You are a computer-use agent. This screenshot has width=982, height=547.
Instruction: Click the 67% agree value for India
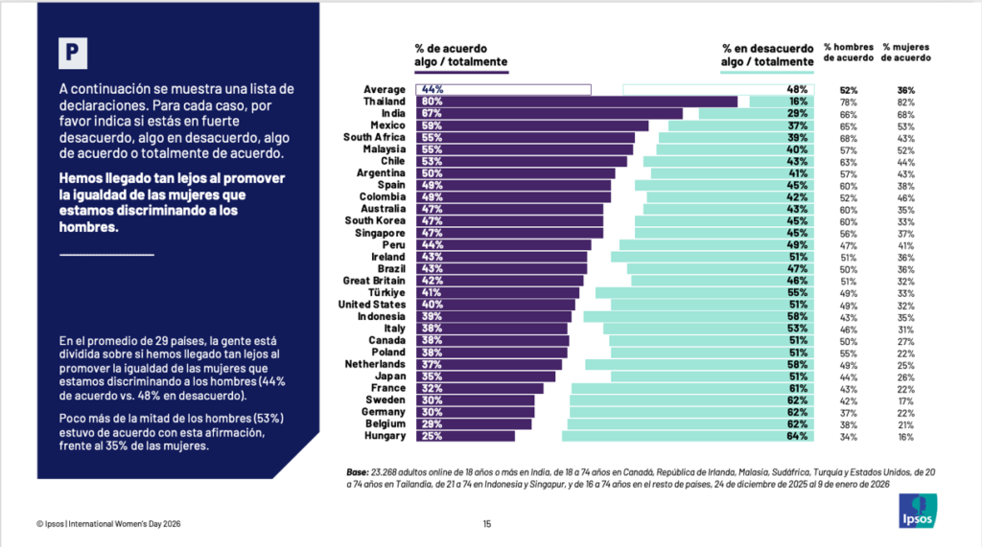pos(432,113)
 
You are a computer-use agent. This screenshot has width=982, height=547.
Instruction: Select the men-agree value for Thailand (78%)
pos(848,102)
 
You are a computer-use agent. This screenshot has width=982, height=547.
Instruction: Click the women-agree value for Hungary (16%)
pos(906,436)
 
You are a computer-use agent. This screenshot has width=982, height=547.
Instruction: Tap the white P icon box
pos(73,54)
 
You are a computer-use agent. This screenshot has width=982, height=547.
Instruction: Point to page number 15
pos(486,523)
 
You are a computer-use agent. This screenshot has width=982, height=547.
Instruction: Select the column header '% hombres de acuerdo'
pos(848,52)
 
